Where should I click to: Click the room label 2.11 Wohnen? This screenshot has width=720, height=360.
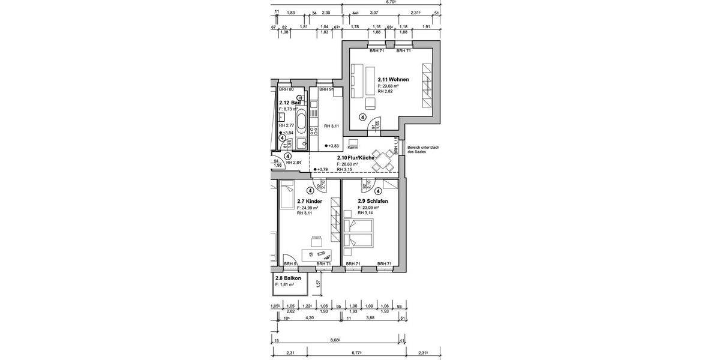click(393, 79)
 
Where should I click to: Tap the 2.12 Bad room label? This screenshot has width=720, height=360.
click(290, 103)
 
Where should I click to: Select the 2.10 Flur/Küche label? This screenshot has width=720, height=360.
click(356, 157)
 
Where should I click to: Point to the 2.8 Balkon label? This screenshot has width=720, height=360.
click(288, 278)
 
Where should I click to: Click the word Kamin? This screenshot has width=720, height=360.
click(353, 148)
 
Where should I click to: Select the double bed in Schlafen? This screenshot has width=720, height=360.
click(359, 233)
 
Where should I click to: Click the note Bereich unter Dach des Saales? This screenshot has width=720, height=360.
click(422, 150)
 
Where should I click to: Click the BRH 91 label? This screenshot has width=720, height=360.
click(326, 89)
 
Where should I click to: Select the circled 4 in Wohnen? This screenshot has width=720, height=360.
click(363, 118)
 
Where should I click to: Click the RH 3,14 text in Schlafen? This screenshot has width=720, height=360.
click(366, 213)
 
